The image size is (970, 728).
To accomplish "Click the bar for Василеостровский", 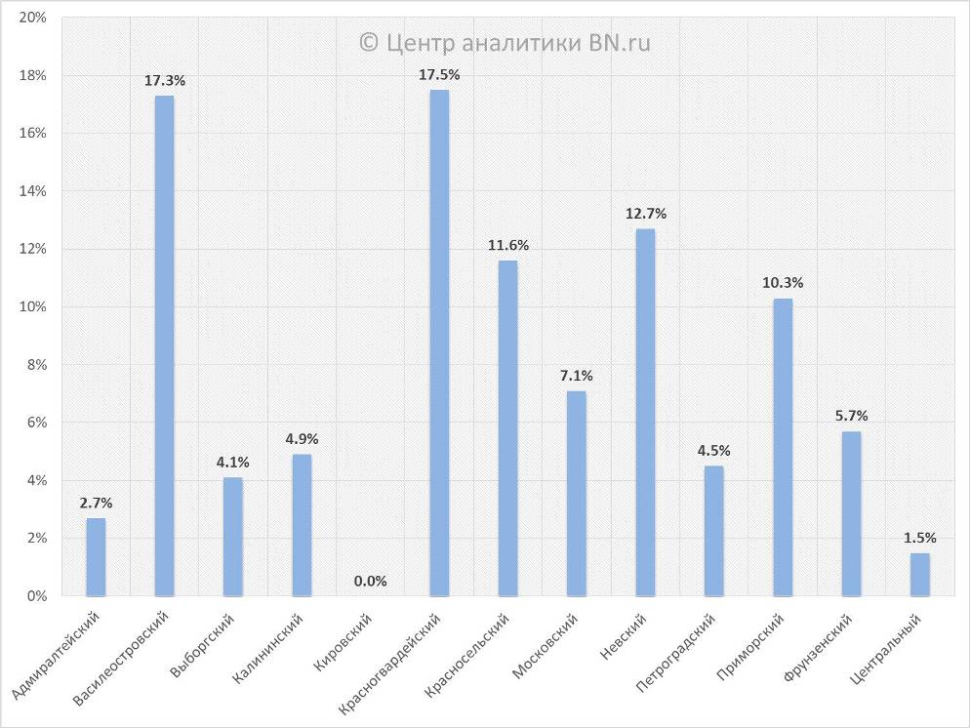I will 164,345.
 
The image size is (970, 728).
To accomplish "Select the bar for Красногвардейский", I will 439,343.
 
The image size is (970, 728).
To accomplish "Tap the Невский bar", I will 645,412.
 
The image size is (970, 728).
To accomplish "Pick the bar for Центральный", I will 920,574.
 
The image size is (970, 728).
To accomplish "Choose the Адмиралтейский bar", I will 96,556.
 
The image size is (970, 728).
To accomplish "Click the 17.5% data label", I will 439,74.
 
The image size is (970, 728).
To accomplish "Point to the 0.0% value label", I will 371,582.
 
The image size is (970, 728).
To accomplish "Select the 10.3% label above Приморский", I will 783,283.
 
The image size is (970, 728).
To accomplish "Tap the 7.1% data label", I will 577,376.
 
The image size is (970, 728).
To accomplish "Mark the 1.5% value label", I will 920,538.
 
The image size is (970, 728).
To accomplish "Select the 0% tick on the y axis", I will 37,596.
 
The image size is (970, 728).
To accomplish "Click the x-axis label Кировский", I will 345,639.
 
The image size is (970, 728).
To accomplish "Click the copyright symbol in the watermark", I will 368,42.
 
